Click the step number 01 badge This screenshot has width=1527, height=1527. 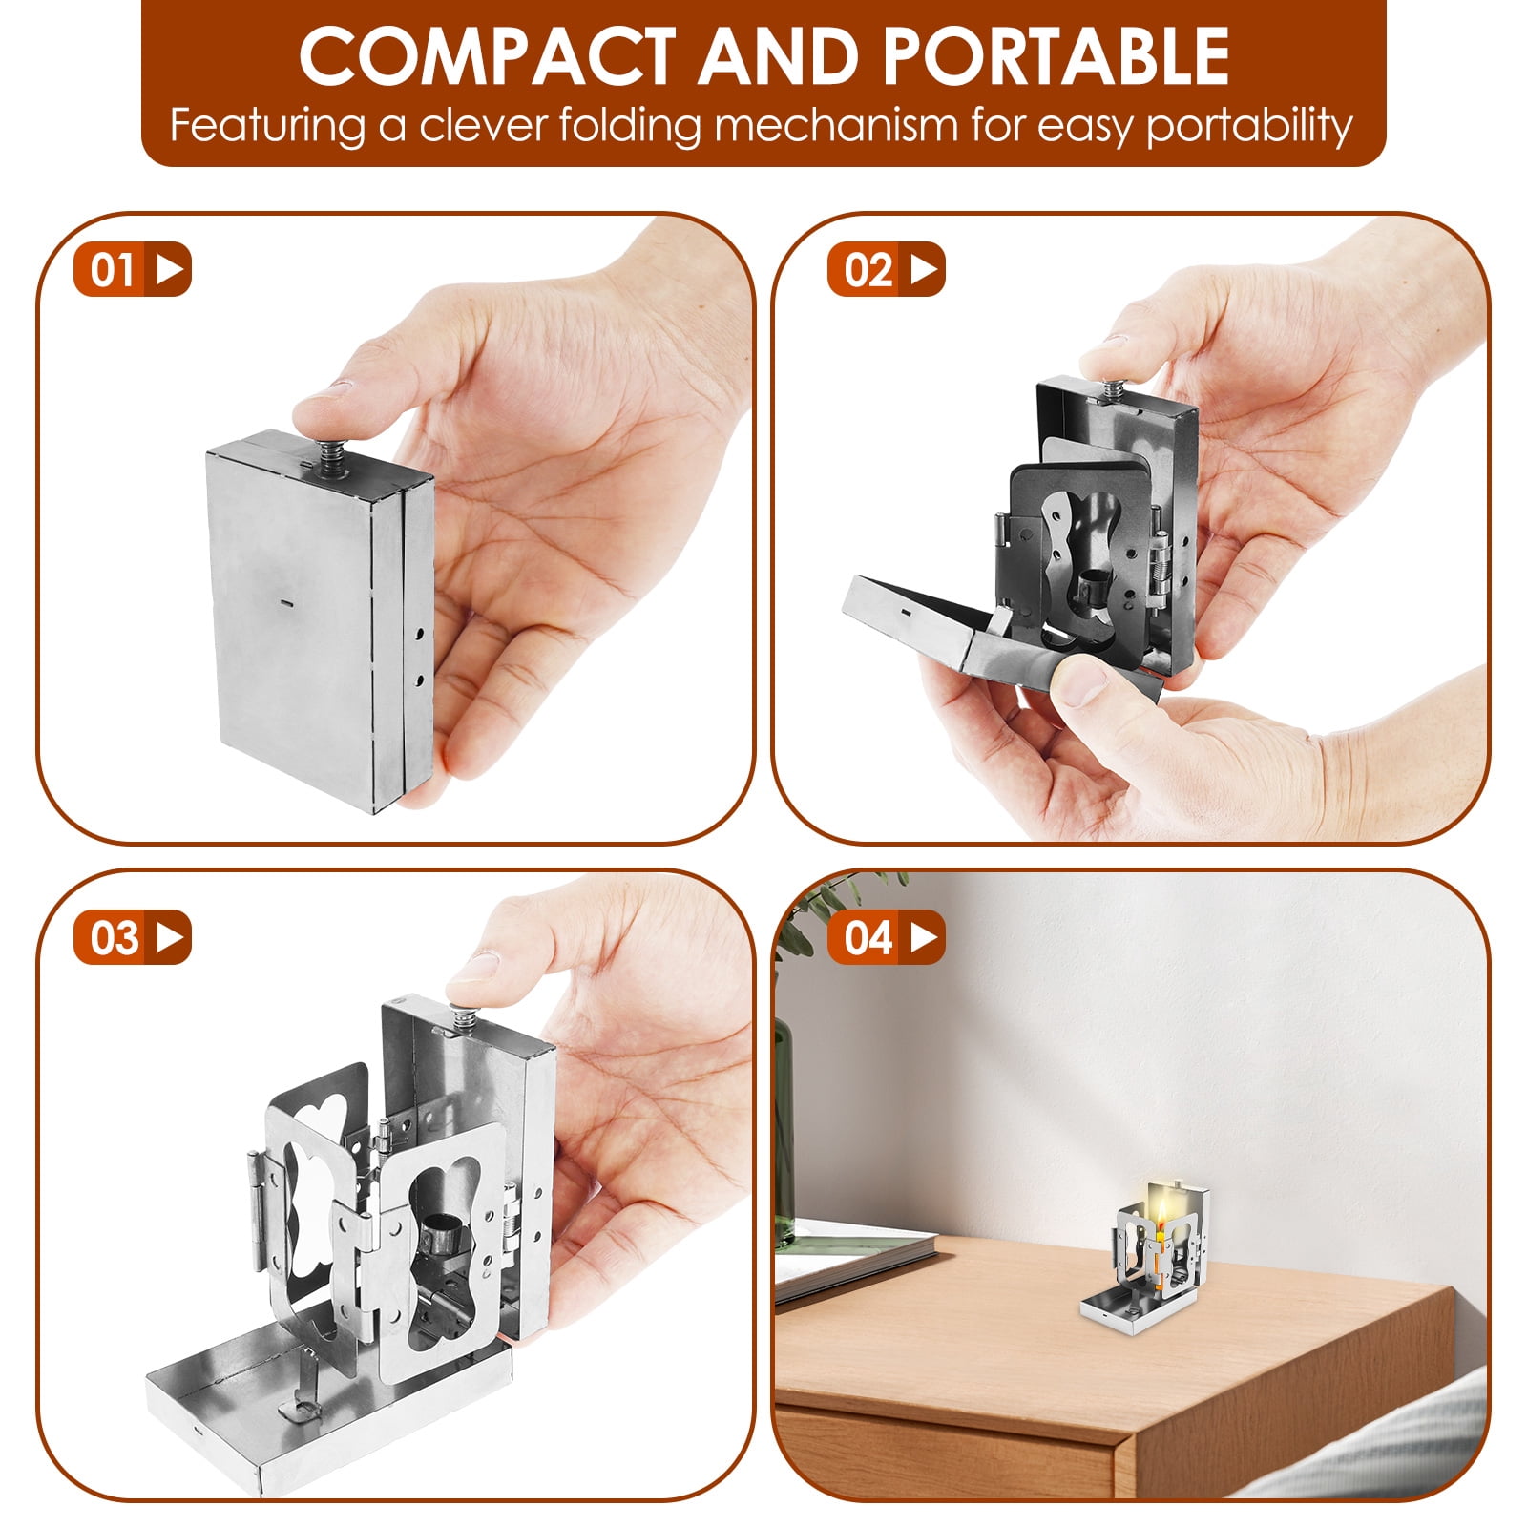click(133, 269)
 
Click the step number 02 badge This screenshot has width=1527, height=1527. click(887, 269)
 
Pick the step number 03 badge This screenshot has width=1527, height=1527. click(133, 937)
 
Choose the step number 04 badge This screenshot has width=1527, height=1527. click(887, 937)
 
